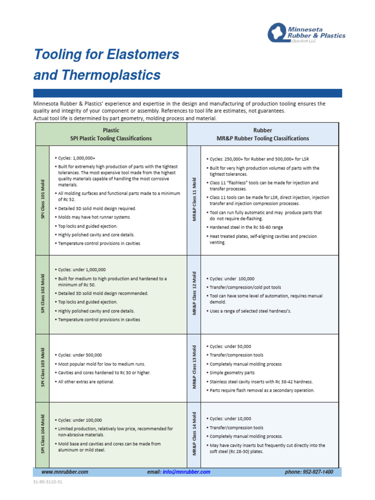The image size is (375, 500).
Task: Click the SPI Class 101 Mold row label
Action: click(x=42, y=200)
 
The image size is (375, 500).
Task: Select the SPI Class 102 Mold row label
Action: click(x=42, y=294)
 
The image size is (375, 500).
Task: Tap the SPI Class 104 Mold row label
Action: click(x=42, y=435)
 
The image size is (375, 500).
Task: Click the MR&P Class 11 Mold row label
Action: click(x=194, y=200)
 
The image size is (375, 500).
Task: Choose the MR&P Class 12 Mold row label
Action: click(x=194, y=294)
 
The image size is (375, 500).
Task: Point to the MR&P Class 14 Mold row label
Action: click(x=194, y=435)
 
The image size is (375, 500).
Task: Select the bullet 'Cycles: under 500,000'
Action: click(x=80, y=355)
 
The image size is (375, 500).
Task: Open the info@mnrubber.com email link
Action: click(x=186, y=472)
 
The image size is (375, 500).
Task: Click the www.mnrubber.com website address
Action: click(x=65, y=472)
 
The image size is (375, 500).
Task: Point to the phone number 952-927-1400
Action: click(x=309, y=472)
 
